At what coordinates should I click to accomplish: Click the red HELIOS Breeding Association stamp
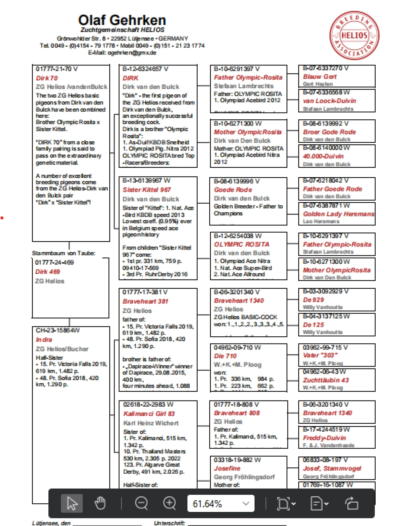pyautogui.click(x=354, y=35)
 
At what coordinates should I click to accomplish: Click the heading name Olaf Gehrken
pyautogui.click(x=122, y=20)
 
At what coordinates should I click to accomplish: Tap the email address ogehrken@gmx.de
pyautogui.click(x=132, y=53)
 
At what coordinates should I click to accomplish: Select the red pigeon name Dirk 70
pyautogui.click(x=47, y=78)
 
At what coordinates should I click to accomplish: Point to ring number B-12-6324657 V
pyautogui.click(x=145, y=69)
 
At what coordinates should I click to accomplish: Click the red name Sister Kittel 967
pyautogui.click(x=147, y=190)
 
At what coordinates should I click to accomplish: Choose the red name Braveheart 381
pyautogui.click(x=145, y=302)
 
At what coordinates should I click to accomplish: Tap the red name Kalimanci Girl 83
pyautogui.click(x=149, y=414)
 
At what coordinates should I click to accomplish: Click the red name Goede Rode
pyautogui.click(x=233, y=190)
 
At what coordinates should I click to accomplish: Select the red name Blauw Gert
pyautogui.click(x=320, y=77)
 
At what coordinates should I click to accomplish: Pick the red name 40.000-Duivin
pyautogui.click(x=323, y=156)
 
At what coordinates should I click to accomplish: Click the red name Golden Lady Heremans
pyautogui.click(x=339, y=214)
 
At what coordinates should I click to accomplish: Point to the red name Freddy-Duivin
pyautogui.click(x=325, y=438)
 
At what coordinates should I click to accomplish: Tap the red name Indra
pyautogui.click(x=44, y=340)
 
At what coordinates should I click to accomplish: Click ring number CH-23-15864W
pyautogui.click(x=58, y=331)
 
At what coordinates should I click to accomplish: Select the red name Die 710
pyautogui.click(x=225, y=356)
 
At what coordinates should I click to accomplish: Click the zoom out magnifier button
pyautogui.click(x=141, y=503)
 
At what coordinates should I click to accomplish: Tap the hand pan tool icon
pyautogui.click(x=100, y=503)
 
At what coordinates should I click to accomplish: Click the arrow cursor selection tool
pyautogui.click(x=72, y=503)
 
